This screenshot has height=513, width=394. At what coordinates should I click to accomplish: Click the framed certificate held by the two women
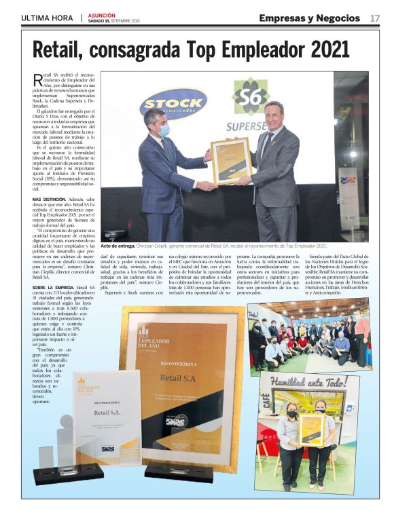(x=312, y=428)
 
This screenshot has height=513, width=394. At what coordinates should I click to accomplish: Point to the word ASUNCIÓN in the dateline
(x=101, y=14)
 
